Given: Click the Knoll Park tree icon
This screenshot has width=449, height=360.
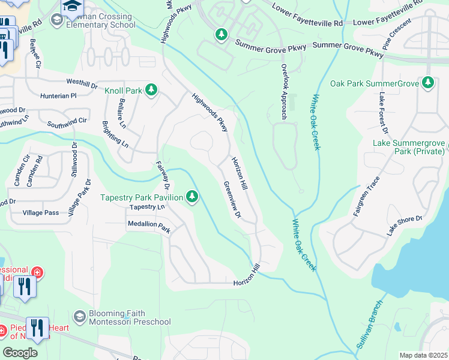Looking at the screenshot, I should click(151, 90).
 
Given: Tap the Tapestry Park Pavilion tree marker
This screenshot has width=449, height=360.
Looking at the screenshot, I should click(192, 196).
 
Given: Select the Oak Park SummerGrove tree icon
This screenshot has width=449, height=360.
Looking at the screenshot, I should click(428, 83).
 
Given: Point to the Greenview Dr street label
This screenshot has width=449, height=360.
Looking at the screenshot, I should click(232, 199).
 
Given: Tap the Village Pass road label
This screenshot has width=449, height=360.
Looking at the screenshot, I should click(41, 213).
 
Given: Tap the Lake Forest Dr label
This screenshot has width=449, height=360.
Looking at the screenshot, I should click(382, 113).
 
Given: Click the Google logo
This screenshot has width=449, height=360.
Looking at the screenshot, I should click(20, 352).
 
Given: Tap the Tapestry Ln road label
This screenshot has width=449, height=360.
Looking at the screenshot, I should click(147, 207).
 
